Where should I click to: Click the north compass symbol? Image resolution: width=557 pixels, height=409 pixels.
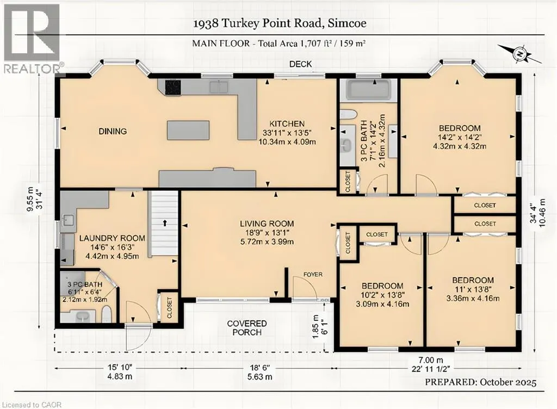coord(520,54)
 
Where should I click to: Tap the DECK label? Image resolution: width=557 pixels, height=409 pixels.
coord(300,64)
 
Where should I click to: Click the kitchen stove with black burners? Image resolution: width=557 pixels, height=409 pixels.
coord(174,86)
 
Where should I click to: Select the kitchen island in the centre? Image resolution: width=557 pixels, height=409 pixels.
coord(188,130)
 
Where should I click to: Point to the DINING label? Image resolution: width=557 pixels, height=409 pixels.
coord(113,131)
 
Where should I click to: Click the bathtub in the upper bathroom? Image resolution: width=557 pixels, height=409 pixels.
coord(368,89)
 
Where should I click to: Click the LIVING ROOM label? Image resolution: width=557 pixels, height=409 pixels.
coord(267,223)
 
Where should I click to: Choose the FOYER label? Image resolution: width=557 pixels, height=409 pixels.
coord(313,275)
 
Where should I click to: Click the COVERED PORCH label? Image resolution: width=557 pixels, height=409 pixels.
coord(244,328)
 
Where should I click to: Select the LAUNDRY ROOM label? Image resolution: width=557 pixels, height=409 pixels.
coord(112,238)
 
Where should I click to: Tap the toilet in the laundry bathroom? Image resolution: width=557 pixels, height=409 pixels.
coord(107,314)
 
